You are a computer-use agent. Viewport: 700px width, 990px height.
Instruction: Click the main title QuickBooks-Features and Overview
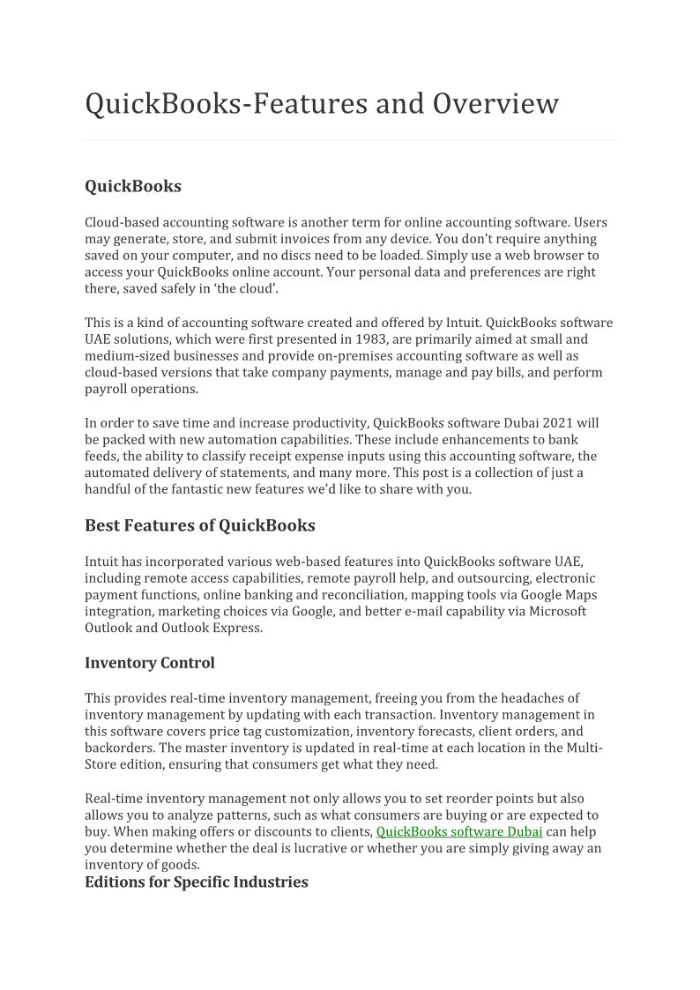(322, 104)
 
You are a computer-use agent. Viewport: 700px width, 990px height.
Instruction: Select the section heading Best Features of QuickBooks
(199, 525)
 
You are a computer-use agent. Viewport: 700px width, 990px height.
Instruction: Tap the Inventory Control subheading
(149, 662)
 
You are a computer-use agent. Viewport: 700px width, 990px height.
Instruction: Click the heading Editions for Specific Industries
(196, 882)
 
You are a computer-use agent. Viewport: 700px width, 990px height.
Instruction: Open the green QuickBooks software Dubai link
(458, 831)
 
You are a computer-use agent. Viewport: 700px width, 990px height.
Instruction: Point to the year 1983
(372, 339)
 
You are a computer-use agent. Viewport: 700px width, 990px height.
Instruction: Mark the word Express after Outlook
(232, 629)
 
